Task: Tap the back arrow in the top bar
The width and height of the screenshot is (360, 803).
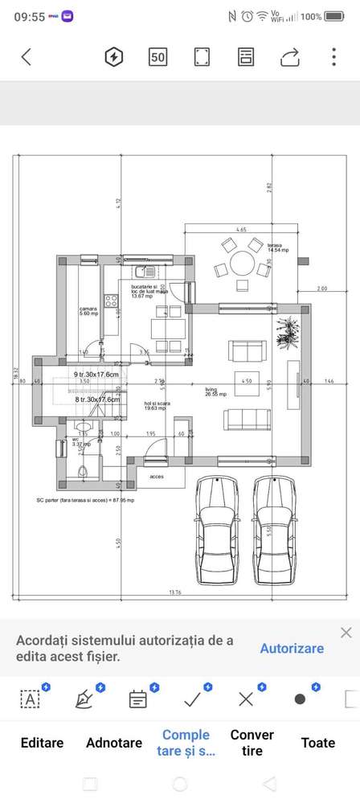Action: tap(27, 56)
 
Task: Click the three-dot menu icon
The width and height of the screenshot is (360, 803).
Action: tap(333, 56)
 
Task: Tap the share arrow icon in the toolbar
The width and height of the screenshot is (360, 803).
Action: tap(290, 56)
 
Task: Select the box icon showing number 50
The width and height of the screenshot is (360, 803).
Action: tap(158, 56)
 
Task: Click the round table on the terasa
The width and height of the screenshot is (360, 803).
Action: tap(240, 264)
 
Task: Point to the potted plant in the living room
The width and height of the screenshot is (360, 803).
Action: tap(285, 331)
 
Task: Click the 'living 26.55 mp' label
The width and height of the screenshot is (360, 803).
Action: tap(215, 391)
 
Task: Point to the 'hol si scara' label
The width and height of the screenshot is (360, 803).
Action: tap(154, 405)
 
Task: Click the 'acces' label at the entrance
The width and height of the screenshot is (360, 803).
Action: tap(156, 474)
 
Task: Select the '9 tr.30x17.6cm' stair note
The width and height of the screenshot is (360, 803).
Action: tap(96, 375)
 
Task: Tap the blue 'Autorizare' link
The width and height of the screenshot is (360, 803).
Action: tap(292, 648)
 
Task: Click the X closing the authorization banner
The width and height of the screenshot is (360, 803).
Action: tap(346, 633)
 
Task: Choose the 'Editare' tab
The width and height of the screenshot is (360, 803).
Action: tap(42, 743)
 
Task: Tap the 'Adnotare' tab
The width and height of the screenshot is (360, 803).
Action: tap(114, 743)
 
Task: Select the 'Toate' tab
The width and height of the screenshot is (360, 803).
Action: tap(318, 743)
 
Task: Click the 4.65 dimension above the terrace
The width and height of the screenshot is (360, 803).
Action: tap(241, 230)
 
